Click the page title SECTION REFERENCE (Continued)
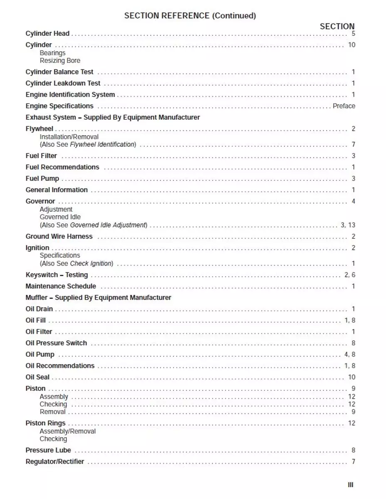point(190,16)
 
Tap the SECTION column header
point(337,26)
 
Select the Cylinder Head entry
point(47,34)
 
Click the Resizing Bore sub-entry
point(60,61)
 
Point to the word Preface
point(344,106)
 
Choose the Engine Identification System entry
point(70,95)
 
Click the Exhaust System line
point(113,118)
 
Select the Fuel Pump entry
point(42,179)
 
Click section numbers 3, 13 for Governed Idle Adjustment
point(348,225)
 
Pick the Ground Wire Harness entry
point(59,237)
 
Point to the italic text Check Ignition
point(91,264)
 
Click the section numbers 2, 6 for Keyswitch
point(350,275)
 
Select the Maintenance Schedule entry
point(61,287)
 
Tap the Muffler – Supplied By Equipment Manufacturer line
point(98,298)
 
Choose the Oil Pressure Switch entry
point(56,343)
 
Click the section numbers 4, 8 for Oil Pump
point(350,355)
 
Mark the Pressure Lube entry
point(48,450)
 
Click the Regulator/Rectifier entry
point(55,462)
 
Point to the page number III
point(351,485)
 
